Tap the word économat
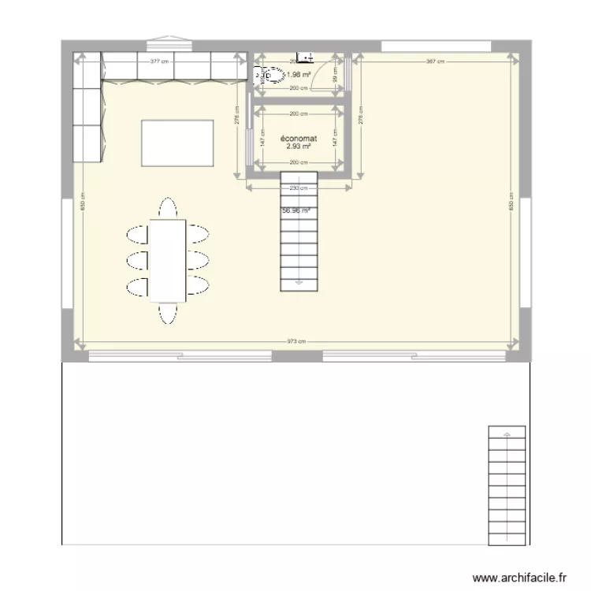pyautogui.click(x=299, y=138)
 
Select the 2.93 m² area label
pyautogui.click(x=299, y=146)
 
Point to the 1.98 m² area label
pyautogui.click(x=299, y=75)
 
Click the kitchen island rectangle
pyautogui.click(x=177, y=143)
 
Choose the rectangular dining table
pyautogui.click(x=168, y=260)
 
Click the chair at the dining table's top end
pyautogui.click(x=168, y=209)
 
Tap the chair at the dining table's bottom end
pyautogui.click(x=168, y=313)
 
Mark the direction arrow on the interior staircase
pyautogui.click(x=299, y=280)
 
